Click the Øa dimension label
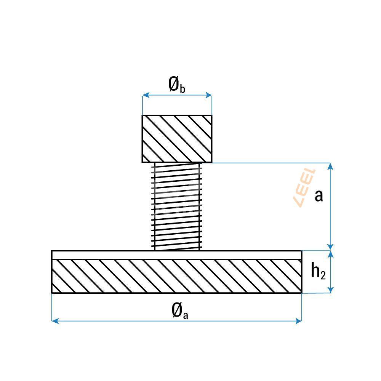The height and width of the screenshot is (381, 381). (x=179, y=311)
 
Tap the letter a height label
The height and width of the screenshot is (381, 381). (x=319, y=195)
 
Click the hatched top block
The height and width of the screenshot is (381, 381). (x=177, y=139)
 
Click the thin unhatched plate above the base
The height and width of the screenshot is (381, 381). (x=177, y=255)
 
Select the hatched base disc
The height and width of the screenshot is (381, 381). (x=177, y=276)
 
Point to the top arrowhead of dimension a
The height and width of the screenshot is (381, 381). (x=331, y=166)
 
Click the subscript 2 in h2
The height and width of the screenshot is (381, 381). (x=323, y=275)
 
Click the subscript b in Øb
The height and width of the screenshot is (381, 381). (x=182, y=89)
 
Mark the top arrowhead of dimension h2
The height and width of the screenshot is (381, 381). (x=331, y=254)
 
